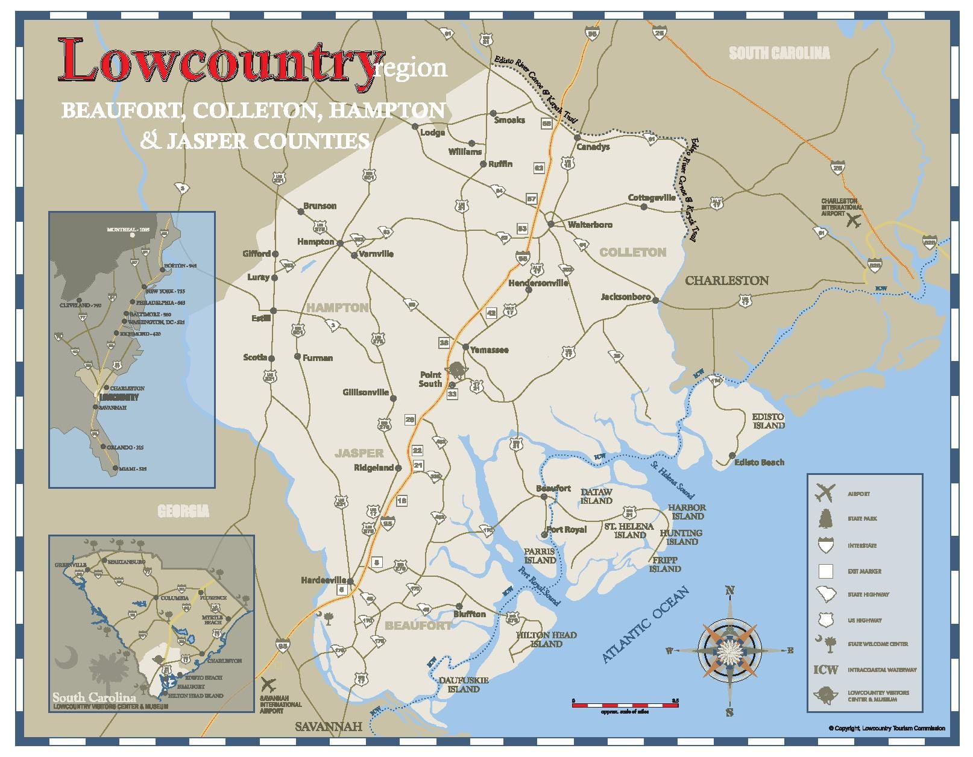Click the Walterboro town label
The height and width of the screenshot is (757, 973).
click(x=590, y=225)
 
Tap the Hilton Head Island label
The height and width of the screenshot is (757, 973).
click(x=546, y=639)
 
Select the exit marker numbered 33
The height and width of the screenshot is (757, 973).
click(x=452, y=394)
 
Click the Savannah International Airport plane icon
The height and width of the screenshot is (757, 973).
click(x=269, y=685)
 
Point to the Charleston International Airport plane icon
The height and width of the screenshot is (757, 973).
click(x=852, y=221)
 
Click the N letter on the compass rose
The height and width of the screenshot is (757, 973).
click(x=729, y=591)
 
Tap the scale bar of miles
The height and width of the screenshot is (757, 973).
click(x=625, y=703)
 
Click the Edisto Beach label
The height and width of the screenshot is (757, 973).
click(x=759, y=462)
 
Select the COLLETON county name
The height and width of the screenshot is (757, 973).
click(x=632, y=253)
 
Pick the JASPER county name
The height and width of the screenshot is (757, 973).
click(x=359, y=453)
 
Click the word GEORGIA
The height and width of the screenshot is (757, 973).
click(x=183, y=512)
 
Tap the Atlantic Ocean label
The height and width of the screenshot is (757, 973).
click(x=646, y=626)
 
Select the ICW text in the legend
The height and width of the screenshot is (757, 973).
click(x=825, y=670)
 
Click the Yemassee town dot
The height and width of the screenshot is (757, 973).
click(x=465, y=347)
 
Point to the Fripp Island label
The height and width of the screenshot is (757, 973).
click(x=665, y=565)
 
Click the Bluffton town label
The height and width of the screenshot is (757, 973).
click(x=469, y=614)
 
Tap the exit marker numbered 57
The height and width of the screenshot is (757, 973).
click(x=531, y=199)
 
